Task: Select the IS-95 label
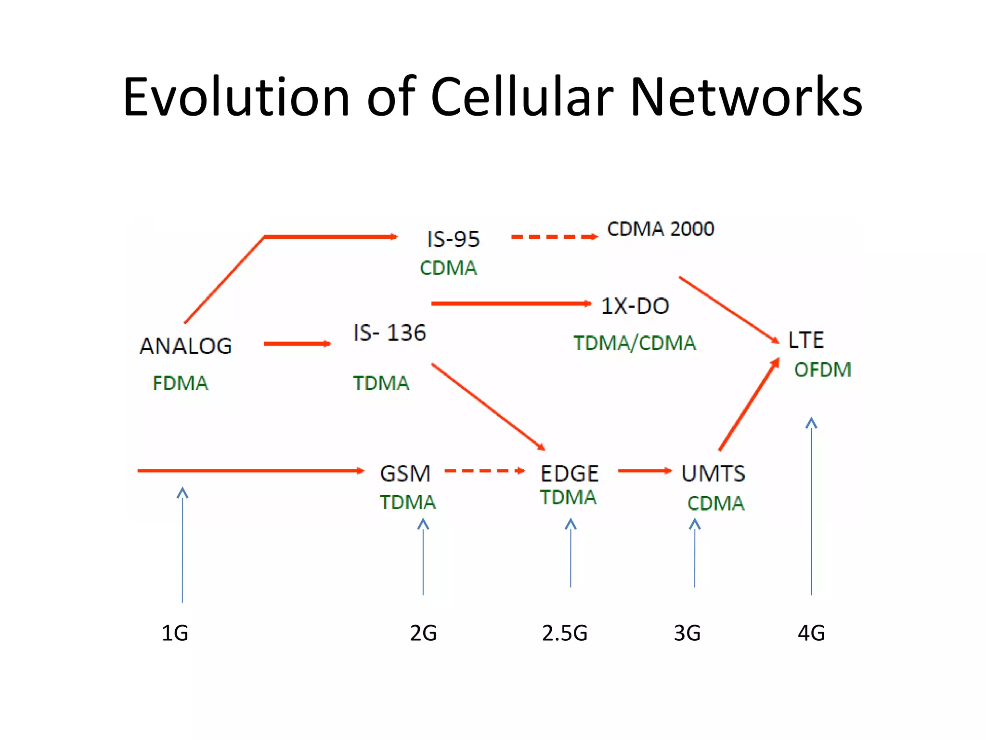click(x=453, y=239)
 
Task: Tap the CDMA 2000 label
click(x=661, y=229)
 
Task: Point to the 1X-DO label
click(x=635, y=306)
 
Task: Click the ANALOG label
click(x=186, y=346)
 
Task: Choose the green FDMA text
click(x=180, y=383)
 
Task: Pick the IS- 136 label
click(x=389, y=333)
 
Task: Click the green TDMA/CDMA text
click(x=635, y=343)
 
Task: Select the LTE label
click(x=805, y=340)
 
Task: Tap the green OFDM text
click(x=822, y=370)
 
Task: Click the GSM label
click(x=405, y=474)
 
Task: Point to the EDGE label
click(x=570, y=474)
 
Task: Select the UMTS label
click(x=713, y=474)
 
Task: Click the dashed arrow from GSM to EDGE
click(x=484, y=471)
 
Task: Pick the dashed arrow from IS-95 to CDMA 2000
click(x=554, y=237)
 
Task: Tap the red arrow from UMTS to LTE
click(x=749, y=405)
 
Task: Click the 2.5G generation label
click(x=565, y=633)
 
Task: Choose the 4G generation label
click(x=811, y=633)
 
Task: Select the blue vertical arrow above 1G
click(x=182, y=544)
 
